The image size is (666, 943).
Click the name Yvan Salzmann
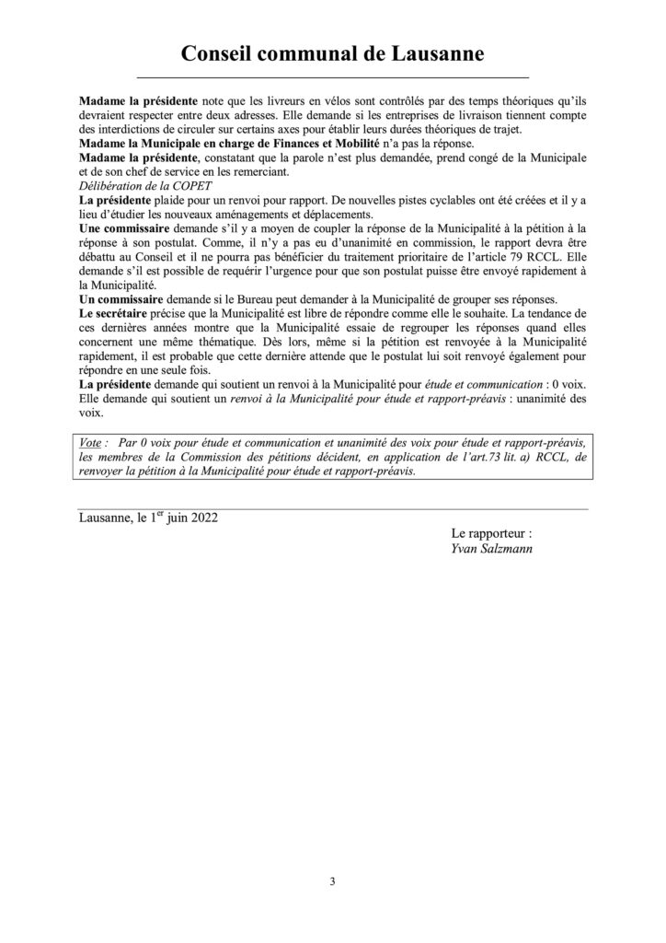(485, 550)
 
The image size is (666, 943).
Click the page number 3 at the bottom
(333, 881)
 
